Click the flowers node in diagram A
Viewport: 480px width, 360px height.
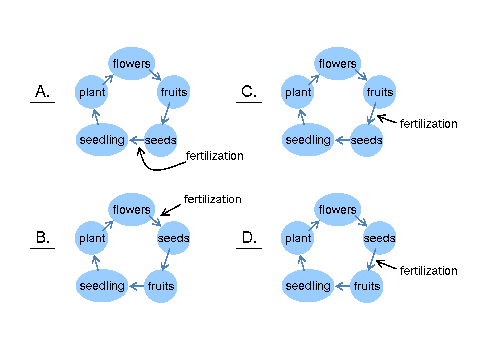click(131, 64)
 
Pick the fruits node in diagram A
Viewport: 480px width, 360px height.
click(173, 92)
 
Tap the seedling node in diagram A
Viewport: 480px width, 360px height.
click(102, 140)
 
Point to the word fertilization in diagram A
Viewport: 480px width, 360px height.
click(214, 156)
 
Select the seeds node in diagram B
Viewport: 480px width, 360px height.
click(173, 238)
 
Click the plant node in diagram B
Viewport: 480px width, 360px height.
click(92, 238)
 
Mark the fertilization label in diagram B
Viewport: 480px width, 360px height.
click(212, 199)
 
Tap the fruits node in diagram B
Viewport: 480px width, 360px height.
click(160, 286)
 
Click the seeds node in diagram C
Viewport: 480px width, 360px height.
click(366, 140)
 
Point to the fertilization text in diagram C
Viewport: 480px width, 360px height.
click(428, 124)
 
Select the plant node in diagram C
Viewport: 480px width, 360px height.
click(298, 92)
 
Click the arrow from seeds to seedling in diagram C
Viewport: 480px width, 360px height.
click(342, 140)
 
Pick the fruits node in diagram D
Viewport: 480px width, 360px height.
click(366, 286)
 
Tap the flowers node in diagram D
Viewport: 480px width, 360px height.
click(337, 210)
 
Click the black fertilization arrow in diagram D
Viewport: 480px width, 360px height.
click(387, 265)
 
